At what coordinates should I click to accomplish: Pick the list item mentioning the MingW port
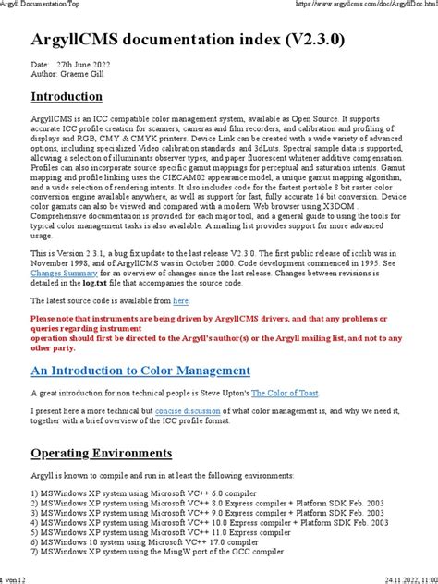tap(157, 552)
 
